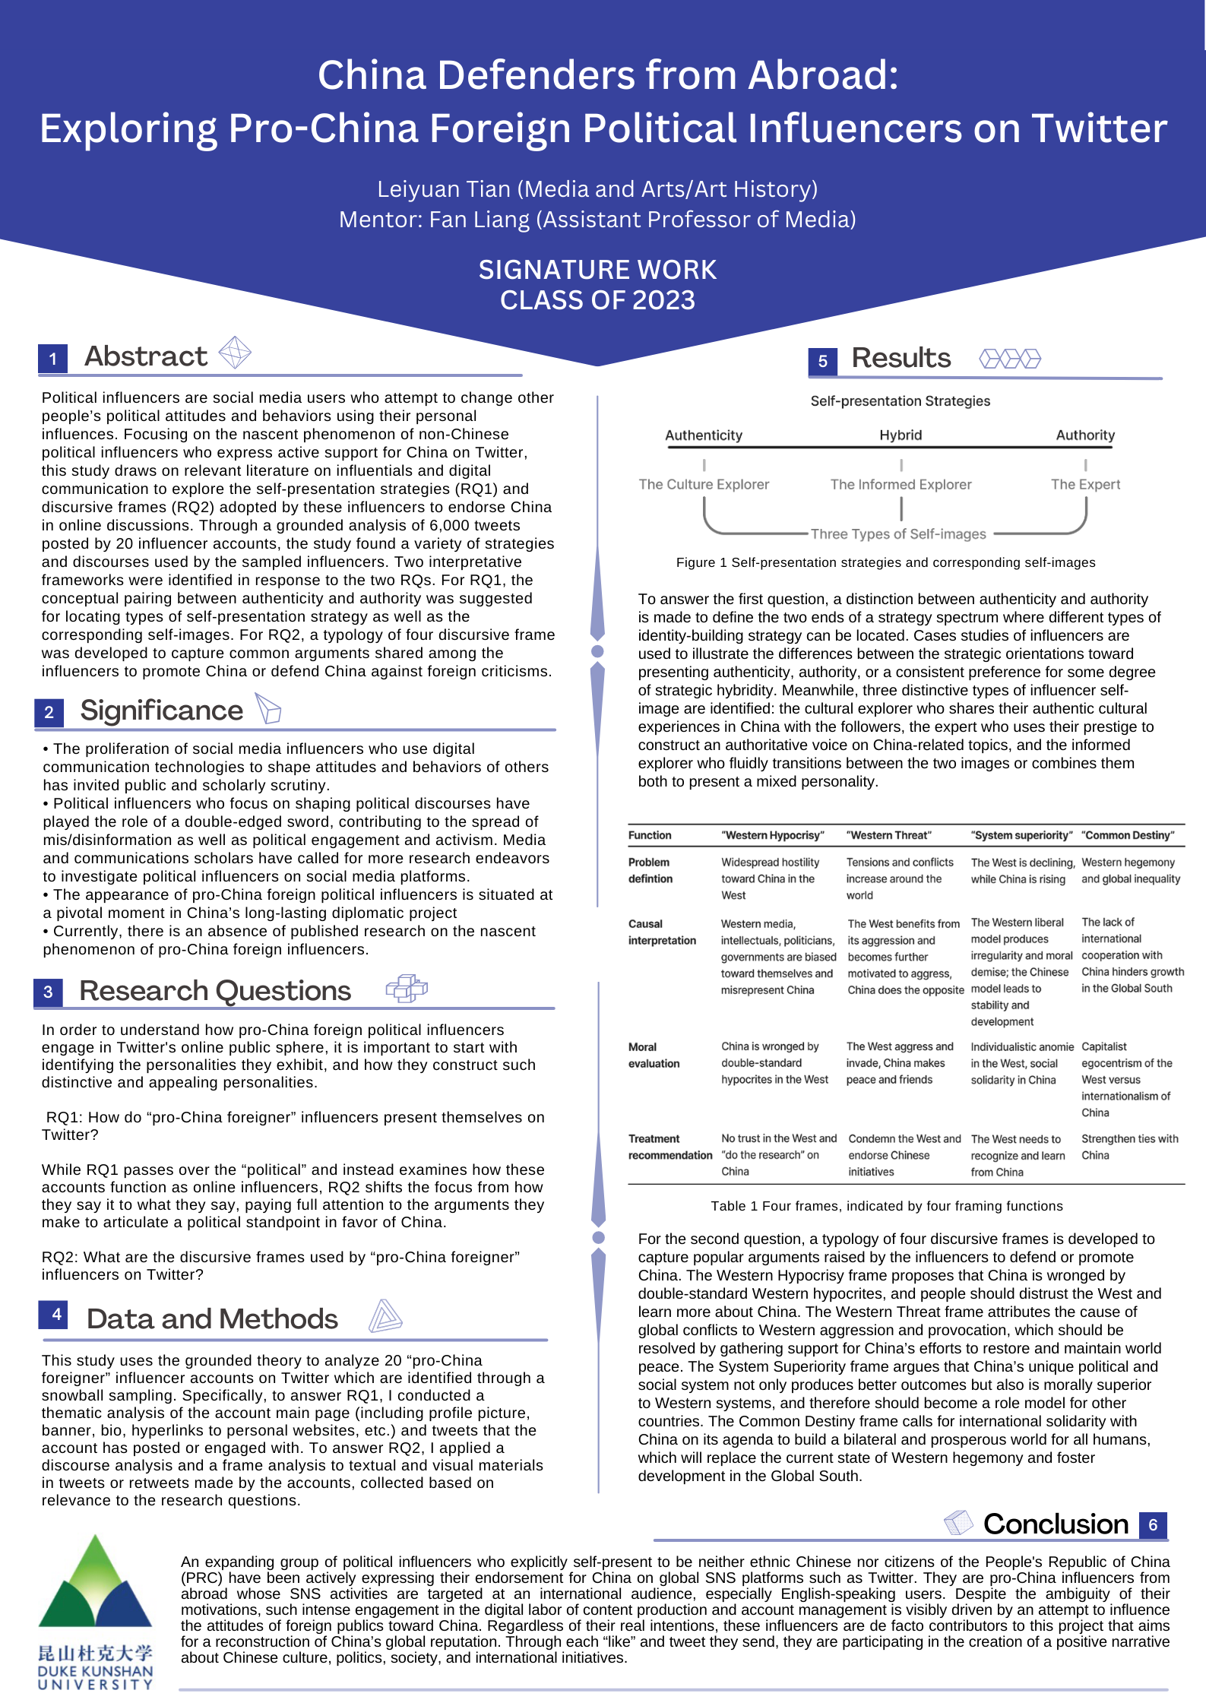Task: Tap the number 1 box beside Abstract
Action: [53, 359]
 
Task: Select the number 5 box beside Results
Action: [822, 361]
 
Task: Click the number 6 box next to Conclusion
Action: [1153, 1524]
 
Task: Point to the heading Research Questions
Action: [215, 991]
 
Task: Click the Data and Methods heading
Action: [212, 1318]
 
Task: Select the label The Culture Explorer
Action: [704, 484]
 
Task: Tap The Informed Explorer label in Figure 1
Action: [901, 484]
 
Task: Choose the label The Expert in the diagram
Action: [1085, 484]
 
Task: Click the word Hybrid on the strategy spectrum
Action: [901, 435]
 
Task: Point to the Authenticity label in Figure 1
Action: [704, 435]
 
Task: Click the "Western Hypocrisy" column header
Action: [773, 835]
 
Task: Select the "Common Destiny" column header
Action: [1128, 835]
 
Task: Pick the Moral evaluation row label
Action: [654, 1055]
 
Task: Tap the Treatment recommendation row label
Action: [669, 1147]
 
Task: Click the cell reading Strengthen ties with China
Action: [1129, 1147]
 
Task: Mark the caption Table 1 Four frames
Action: [887, 1206]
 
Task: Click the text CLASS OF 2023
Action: [597, 300]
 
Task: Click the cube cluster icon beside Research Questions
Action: [407, 988]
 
